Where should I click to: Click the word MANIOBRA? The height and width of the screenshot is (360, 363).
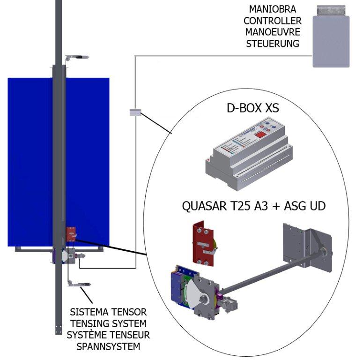[x=272, y=9]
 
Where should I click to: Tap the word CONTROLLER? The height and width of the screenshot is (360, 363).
[x=272, y=21]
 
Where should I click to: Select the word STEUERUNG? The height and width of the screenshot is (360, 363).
[x=272, y=44]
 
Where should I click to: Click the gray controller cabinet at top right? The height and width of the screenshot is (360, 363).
[x=331, y=40]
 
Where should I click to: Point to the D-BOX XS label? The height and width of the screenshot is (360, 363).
[x=252, y=108]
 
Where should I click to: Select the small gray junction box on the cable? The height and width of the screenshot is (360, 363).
[x=135, y=112]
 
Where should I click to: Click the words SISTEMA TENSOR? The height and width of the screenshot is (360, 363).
[x=108, y=312]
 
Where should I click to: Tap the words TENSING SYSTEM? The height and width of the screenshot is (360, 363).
[x=108, y=324]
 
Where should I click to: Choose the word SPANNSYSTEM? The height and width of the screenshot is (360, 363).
[x=108, y=347]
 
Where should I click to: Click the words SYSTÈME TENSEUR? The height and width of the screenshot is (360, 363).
[x=108, y=336]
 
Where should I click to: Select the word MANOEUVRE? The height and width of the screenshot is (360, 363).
[x=272, y=32]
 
